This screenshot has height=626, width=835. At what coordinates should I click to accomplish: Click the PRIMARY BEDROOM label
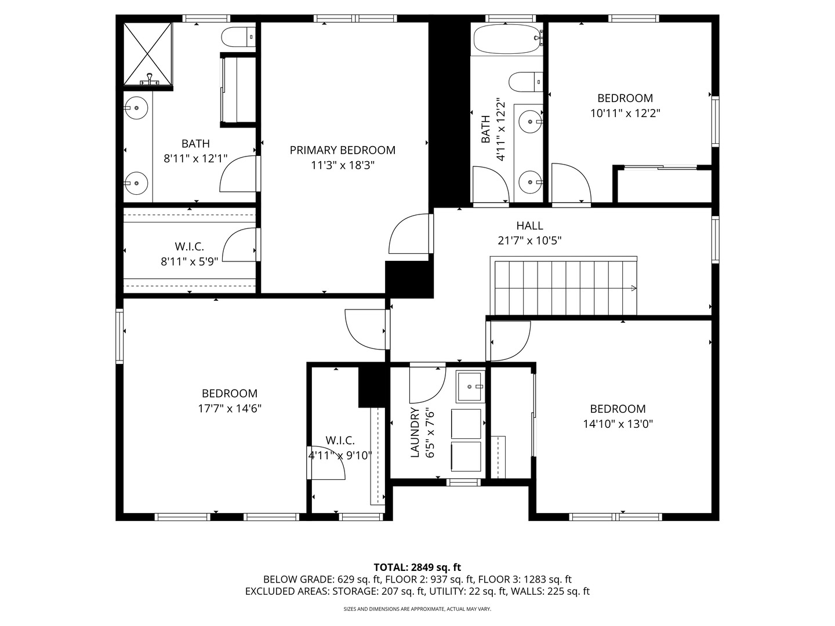(342, 150)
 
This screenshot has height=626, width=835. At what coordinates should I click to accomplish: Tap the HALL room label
(529, 225)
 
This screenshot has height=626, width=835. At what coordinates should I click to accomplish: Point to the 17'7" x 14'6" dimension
(230, 409)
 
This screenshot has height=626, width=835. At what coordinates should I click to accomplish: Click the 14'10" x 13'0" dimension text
(618, 424)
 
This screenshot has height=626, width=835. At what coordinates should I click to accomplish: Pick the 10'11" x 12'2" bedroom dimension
(625, 114)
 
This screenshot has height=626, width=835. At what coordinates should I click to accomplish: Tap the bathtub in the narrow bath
(506, 39)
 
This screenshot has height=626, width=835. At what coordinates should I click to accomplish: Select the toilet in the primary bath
(238, 37)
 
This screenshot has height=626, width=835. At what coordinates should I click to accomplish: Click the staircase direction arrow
(633, 288)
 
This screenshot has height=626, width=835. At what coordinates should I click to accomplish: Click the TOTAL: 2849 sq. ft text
(417, 567)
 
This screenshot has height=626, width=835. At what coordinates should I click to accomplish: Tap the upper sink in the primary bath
(137, 108)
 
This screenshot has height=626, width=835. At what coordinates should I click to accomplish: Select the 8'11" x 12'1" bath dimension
(195, 158)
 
